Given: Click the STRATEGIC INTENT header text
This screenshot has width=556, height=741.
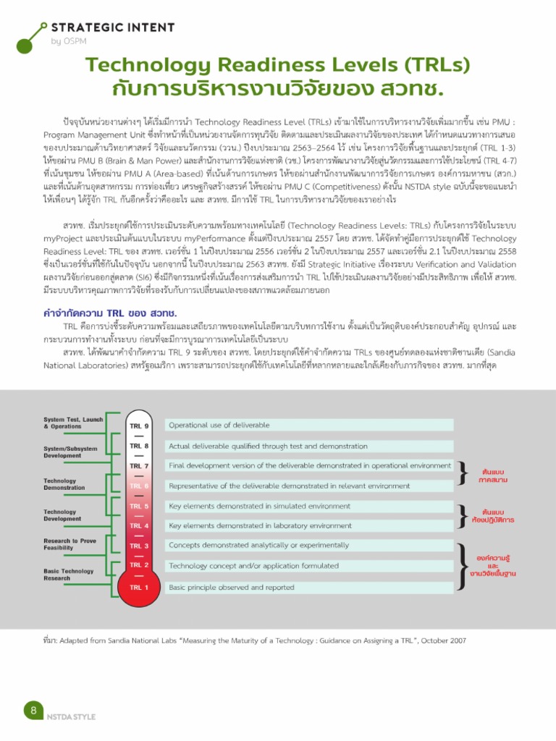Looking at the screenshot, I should point(112,27).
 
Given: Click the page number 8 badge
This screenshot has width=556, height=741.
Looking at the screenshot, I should point(33,710).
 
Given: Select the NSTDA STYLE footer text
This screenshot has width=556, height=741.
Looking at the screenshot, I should point(71,716).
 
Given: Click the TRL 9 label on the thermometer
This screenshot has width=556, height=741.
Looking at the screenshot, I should point(139,425).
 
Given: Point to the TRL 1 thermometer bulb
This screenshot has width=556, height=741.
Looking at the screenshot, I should point(139,588).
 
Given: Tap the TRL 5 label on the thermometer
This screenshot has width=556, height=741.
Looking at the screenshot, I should point(139,506).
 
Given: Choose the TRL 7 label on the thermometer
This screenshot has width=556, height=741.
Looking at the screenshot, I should point(139,466).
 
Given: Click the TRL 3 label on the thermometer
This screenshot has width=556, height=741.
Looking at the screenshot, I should point(139,546).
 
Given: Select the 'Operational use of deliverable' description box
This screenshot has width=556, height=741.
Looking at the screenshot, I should point(310,425).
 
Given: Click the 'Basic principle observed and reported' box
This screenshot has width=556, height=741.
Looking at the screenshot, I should point(310,588).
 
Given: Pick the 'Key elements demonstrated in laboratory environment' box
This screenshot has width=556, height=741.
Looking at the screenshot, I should point(310,525).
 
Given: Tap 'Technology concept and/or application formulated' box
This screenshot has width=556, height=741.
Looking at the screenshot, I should point(310,565).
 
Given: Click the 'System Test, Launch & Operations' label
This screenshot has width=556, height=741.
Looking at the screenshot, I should point(73,423).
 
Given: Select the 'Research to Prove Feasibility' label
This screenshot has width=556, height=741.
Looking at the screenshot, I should point(69,544).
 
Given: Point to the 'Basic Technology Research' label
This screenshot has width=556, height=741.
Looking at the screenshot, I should point(68,575).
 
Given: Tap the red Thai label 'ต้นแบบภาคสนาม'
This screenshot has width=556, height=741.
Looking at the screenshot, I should point(493,475).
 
